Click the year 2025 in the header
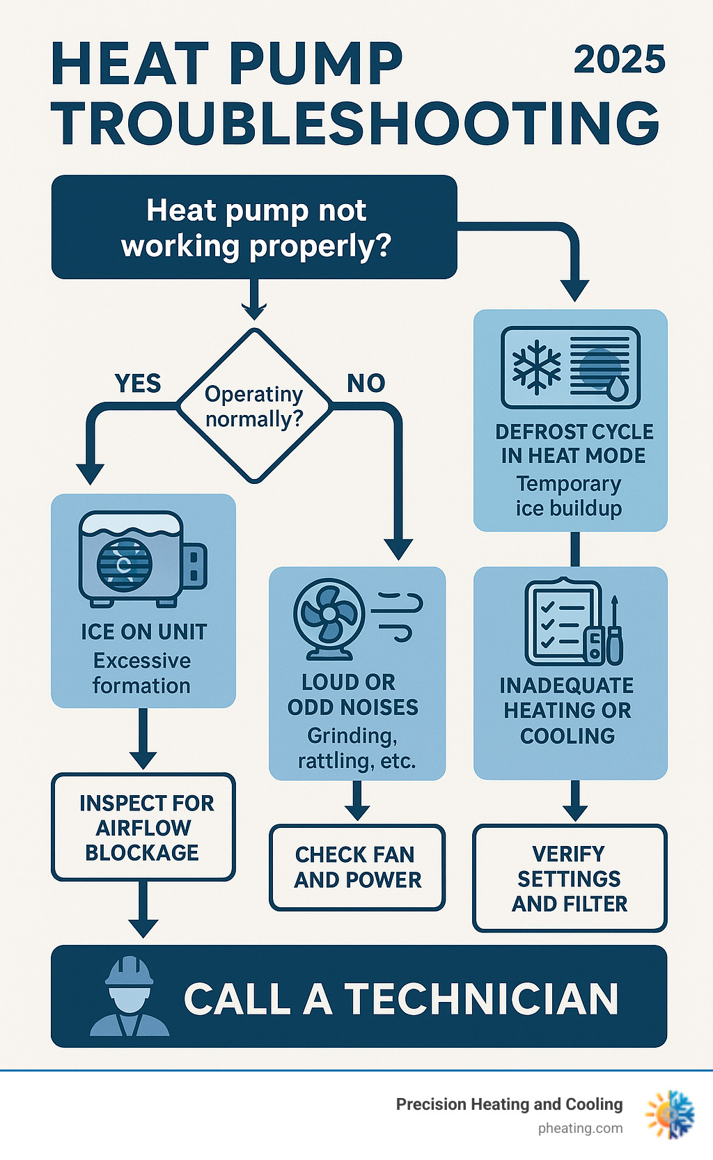619,60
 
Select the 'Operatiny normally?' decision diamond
254,406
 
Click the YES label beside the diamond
138,384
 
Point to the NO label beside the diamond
366,384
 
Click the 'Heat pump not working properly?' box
255,228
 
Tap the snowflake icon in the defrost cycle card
536,367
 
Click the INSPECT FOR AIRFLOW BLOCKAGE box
143,827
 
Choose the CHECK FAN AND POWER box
357,868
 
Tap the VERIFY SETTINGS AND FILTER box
570,879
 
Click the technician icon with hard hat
130,997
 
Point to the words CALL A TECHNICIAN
401,999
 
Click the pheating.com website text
580,1129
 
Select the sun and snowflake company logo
670,1115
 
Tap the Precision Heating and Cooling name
509,1104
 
